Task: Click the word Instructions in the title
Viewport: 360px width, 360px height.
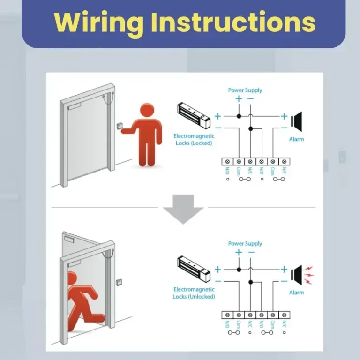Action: [233, 22]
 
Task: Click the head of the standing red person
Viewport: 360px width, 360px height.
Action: [147, 111]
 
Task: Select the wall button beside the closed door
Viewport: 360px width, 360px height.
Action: [120, 126]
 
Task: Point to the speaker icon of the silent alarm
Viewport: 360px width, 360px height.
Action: [296, 121]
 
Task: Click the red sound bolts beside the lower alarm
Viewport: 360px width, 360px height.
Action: [309, 275]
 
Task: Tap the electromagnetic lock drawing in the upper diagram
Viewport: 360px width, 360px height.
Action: [194, 115]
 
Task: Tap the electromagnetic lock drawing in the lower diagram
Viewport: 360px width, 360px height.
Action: [194, 269]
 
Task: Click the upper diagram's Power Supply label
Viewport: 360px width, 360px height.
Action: [245, 90]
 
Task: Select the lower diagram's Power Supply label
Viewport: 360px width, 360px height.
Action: [245, 244]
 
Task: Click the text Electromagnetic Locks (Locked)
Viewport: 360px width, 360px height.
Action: [194, 140]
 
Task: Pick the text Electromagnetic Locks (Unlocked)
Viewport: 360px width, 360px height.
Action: [194, 293]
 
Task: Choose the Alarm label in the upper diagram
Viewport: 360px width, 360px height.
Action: [296, 139]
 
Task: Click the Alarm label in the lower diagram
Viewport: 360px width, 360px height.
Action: [296, 292]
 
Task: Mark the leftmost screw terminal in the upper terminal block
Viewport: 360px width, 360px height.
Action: [227, 162]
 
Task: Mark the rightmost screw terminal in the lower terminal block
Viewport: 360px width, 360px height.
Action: [284, 315]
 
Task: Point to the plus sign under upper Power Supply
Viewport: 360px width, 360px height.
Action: [239, 99]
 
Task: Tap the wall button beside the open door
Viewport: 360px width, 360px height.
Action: [119, 282]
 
